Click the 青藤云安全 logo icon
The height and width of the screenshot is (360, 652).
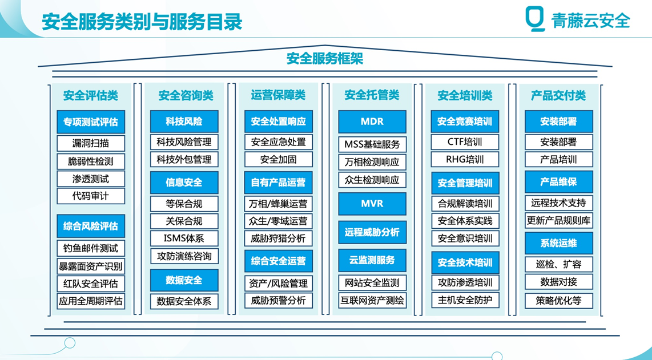coord(535,19)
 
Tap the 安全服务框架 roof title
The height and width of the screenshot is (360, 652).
coord(325,59)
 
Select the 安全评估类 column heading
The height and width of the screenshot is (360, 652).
coord(91,96)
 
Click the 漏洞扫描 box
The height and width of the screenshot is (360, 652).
coord(91,143)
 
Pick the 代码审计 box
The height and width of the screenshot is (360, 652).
coord(91,196)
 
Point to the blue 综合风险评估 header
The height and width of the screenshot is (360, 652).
coord(91,226)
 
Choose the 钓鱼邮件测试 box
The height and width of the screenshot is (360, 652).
coord(91,248)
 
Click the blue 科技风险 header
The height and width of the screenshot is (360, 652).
coord(184,122)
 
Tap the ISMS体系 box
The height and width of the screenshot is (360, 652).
coord(184,238)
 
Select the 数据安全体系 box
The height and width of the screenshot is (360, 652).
coord(184,301)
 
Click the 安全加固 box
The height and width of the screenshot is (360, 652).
coord(278,159)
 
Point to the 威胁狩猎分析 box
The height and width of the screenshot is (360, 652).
coord(278,238)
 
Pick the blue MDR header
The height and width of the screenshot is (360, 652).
coord(372,122)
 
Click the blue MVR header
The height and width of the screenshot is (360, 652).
coord(372,204)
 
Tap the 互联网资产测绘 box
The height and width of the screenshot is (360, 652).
coord(372,301)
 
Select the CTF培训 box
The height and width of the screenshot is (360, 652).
coord(465,141)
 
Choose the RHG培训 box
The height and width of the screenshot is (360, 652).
coord(465,159)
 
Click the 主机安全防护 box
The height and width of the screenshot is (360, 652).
coord(465,300)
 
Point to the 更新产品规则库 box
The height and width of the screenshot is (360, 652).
coord(559,220)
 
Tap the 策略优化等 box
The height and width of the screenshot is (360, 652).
coord(559,300)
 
